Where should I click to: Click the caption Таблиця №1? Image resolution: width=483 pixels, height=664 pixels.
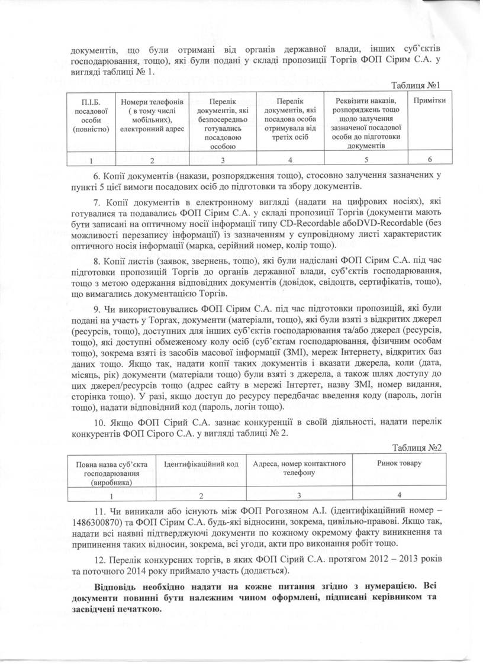pyautogui.click(x=423, y=85)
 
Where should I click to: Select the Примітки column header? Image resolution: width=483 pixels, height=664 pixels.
pyautogui.click(x=430, y=101)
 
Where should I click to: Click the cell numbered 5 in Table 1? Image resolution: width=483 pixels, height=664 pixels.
pyautogui.click(x=365, y=159)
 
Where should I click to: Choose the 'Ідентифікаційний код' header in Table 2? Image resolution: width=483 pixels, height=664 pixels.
pyautogui.click(x=201, y=463)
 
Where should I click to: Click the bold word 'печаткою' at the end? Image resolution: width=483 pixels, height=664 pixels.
pyautogui.click(x=141, y=610)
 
